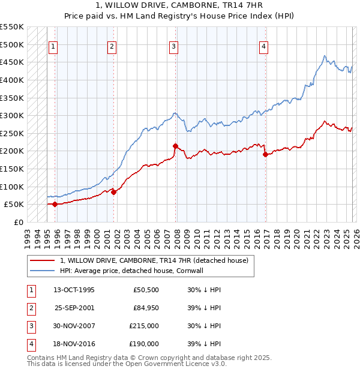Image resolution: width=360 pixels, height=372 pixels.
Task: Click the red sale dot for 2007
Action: click(176, 146)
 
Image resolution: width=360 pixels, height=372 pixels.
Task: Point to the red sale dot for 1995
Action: click(55, 204)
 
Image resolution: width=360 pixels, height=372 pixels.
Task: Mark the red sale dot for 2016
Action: click(266, 154)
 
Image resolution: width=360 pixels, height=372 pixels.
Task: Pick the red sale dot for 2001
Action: click(113, 192)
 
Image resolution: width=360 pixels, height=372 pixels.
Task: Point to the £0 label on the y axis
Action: click(19, 222)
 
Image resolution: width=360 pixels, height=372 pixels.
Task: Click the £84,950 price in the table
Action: click(146, 308)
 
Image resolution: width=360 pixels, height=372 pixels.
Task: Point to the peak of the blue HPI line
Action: click(325, 56)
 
